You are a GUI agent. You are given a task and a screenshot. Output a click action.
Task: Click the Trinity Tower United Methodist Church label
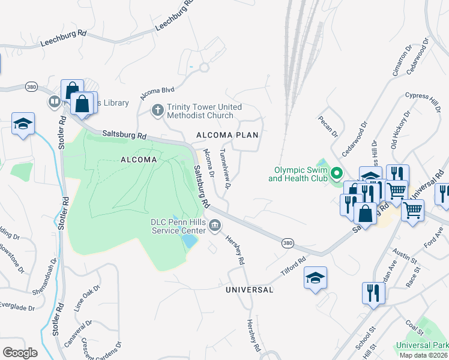204,111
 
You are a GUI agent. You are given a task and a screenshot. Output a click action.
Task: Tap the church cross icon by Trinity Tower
157,110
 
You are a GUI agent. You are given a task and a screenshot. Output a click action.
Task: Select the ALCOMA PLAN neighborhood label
228,135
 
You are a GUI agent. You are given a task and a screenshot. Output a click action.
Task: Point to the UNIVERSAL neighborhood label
249,290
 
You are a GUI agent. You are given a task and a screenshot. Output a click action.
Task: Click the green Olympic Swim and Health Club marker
336,174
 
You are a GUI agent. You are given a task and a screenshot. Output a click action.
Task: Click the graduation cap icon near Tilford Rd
315,278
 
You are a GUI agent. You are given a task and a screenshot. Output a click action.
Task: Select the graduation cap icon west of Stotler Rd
23,124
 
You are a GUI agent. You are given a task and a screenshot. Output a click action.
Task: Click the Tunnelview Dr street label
226,169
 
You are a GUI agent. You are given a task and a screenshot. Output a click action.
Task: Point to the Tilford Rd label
294,268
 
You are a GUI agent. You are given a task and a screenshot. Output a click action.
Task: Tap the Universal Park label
421,346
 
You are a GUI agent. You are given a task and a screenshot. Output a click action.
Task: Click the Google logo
19,352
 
